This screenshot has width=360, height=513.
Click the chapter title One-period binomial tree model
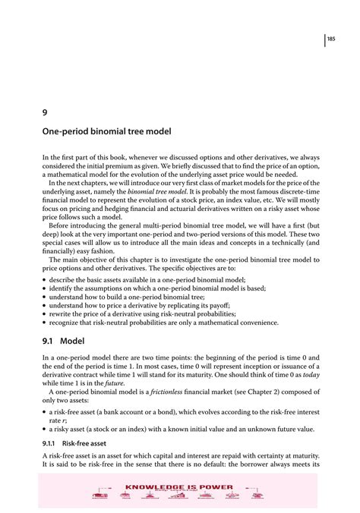(106, 131)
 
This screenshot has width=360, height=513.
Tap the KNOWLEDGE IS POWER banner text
(179, 486)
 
